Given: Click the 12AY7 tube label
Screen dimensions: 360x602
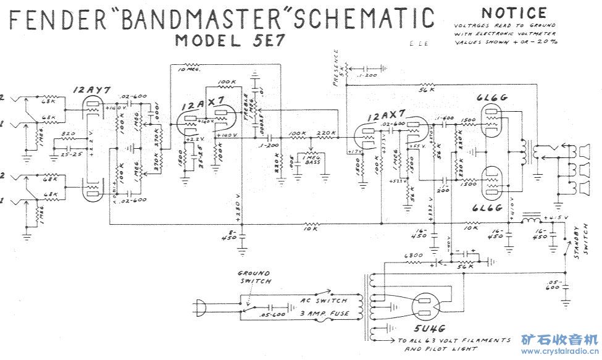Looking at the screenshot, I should click(x=91, y=90).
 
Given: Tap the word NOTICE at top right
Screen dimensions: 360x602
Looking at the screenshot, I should click(x=514, y=13).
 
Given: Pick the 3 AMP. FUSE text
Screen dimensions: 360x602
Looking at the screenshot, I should click(x=324, y=313).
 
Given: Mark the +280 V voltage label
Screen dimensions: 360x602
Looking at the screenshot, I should click(x=236, y=210).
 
